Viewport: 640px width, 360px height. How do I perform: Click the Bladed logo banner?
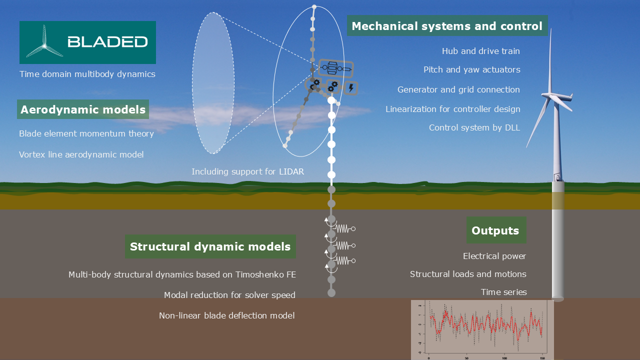pyautogui.click(x=87, y=42)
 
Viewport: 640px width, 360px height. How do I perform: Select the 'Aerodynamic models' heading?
pyautogui.click(x=83, y=109)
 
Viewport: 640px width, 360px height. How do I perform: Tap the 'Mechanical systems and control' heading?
pyautogui.click(x=447, y=26)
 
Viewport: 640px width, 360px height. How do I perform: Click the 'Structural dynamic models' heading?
pyautogui.click(x=210, y=246)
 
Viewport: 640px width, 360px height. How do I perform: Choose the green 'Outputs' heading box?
pyautogui.click(x=495, y=230)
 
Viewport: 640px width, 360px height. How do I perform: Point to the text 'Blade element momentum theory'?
pyautogui.click(x=86, y=133)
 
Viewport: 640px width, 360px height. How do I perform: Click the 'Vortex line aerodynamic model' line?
pyautogui.click(x=81, y=154)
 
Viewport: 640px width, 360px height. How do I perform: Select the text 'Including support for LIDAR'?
pyautogui.click(x=247, y=171)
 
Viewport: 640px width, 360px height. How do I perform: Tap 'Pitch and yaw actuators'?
pyautogui.click(x=471, y=69)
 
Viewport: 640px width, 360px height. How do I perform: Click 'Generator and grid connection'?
pyautogui.click(x=458, y=89)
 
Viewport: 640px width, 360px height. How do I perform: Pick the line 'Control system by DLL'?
pyautogui.click(x=474, y=127)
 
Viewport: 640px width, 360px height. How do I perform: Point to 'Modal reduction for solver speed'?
pyautogui.click(x=229, y=295)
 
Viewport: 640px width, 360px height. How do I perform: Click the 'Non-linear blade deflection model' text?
pyautogui.click(x=226, y=315)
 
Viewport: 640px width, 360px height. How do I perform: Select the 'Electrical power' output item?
pyautogui.click(x=494, y=256)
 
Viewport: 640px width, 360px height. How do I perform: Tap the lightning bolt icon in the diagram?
pyautogui.click(x=351, y=88)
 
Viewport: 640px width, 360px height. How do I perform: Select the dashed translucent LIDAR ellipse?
pyautogui.click(x=213, y=83)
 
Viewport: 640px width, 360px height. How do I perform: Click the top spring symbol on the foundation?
pyautogui.click(x=343, y=228)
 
